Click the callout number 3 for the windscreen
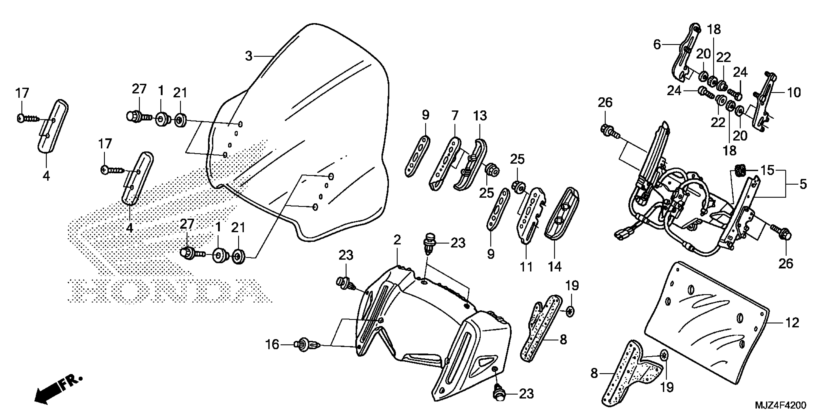(248, 56)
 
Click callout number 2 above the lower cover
(397, 240)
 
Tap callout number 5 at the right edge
(803, 184)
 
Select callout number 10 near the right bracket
(794, 93)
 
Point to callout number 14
(555, 266)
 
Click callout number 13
(480, 116)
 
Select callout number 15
(767, 170)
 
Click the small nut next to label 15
(740, 170)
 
